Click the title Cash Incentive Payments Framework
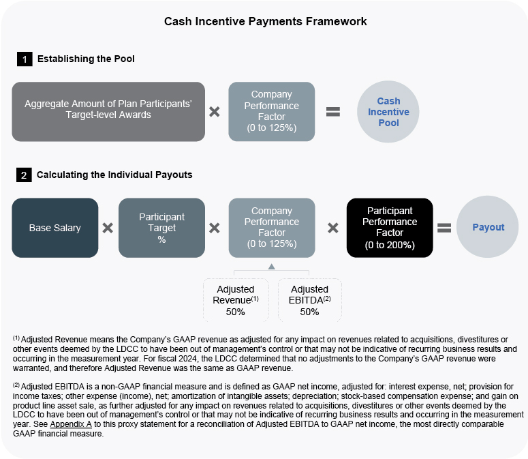pos(265,22)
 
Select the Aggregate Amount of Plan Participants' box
pos(108,111)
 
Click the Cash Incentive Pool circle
pos(388,112)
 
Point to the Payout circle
pos(488,228)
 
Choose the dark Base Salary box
pos(55,228)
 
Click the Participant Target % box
pos(161,228)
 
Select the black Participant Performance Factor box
pos(389,228)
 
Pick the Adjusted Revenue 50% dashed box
pos(236,300)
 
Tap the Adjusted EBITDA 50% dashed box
pos(309,300)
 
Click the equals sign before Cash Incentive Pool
pos(332,112)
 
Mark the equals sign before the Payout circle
pos(444,228)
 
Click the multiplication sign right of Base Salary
pos(108,228)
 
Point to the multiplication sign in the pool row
pos(215,112)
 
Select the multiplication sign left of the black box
pos(332,228)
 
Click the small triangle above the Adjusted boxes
pos(271,266)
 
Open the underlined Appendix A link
pos(69,424)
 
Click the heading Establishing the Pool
pos(86,59)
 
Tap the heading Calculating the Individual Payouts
pos(114,175)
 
